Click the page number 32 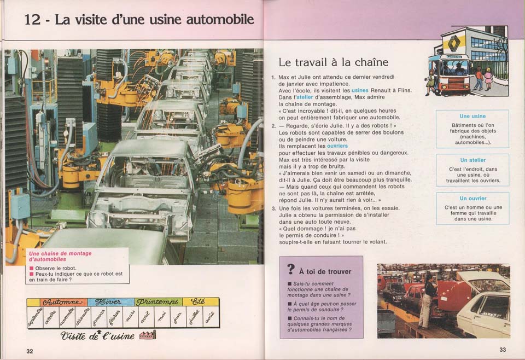click(x=30, y=351)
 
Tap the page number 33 click(x=503, y=350)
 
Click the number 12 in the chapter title click(x=32, y=20)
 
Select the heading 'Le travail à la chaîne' click(x=333, y=62)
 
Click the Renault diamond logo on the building click(x=453, y=43)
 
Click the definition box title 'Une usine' click(x=472, y=116)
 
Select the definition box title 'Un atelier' click(x=472, y=160)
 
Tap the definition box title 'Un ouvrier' click(x=472, y=198)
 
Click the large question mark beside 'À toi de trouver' click(x=291, y=270)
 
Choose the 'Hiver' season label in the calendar click(x=110, y=302)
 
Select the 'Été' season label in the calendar click(x=200, y=302)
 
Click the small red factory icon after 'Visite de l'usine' click(x=148, y=334)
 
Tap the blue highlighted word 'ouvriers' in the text click(x=337, y=146)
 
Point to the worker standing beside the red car click(x=426, y=301)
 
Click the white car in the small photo click(x=485, y=309)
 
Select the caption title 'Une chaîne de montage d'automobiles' click(x=60, y=256)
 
